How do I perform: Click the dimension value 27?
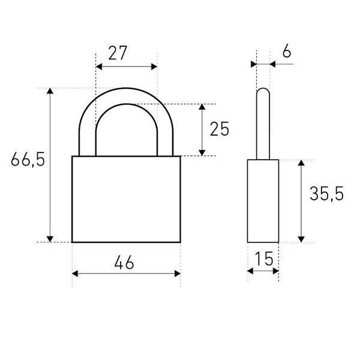click(x=118, y=53)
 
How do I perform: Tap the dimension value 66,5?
click(x=28, y=159)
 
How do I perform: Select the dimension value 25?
click(x=220, y=129)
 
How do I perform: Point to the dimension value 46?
click(x=124, y=262)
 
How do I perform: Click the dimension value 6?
click(x=287, y=51)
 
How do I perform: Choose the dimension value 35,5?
click(x=326, y=194)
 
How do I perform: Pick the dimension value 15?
click(x=264, y=259)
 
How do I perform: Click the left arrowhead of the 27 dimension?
click(x=99, y=67)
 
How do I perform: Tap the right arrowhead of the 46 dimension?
click(x=178, y=274)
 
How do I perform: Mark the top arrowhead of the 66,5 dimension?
click(x=50, y=91)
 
